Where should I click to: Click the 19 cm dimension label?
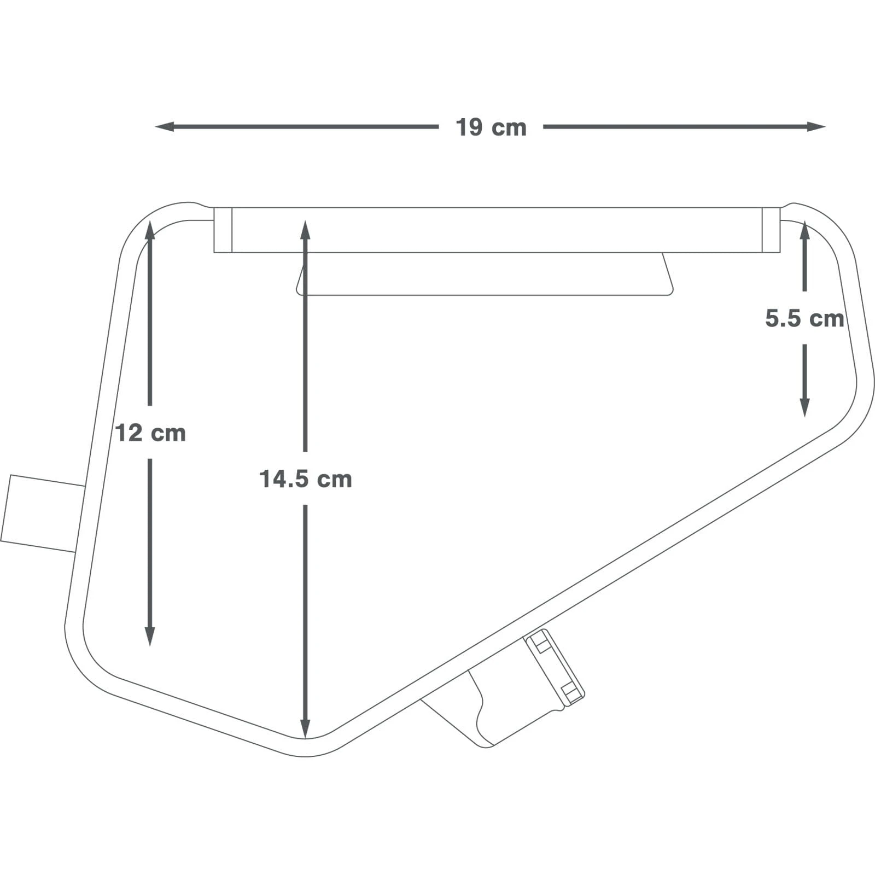coord(491,127)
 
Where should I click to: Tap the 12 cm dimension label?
coord(150,433)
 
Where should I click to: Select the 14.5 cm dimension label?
coord(305,479)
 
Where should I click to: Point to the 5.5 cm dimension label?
coord(804,318)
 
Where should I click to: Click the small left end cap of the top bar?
coord(223,230)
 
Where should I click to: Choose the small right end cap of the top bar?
coord(771,230)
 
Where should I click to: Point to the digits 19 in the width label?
coord(469,127)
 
